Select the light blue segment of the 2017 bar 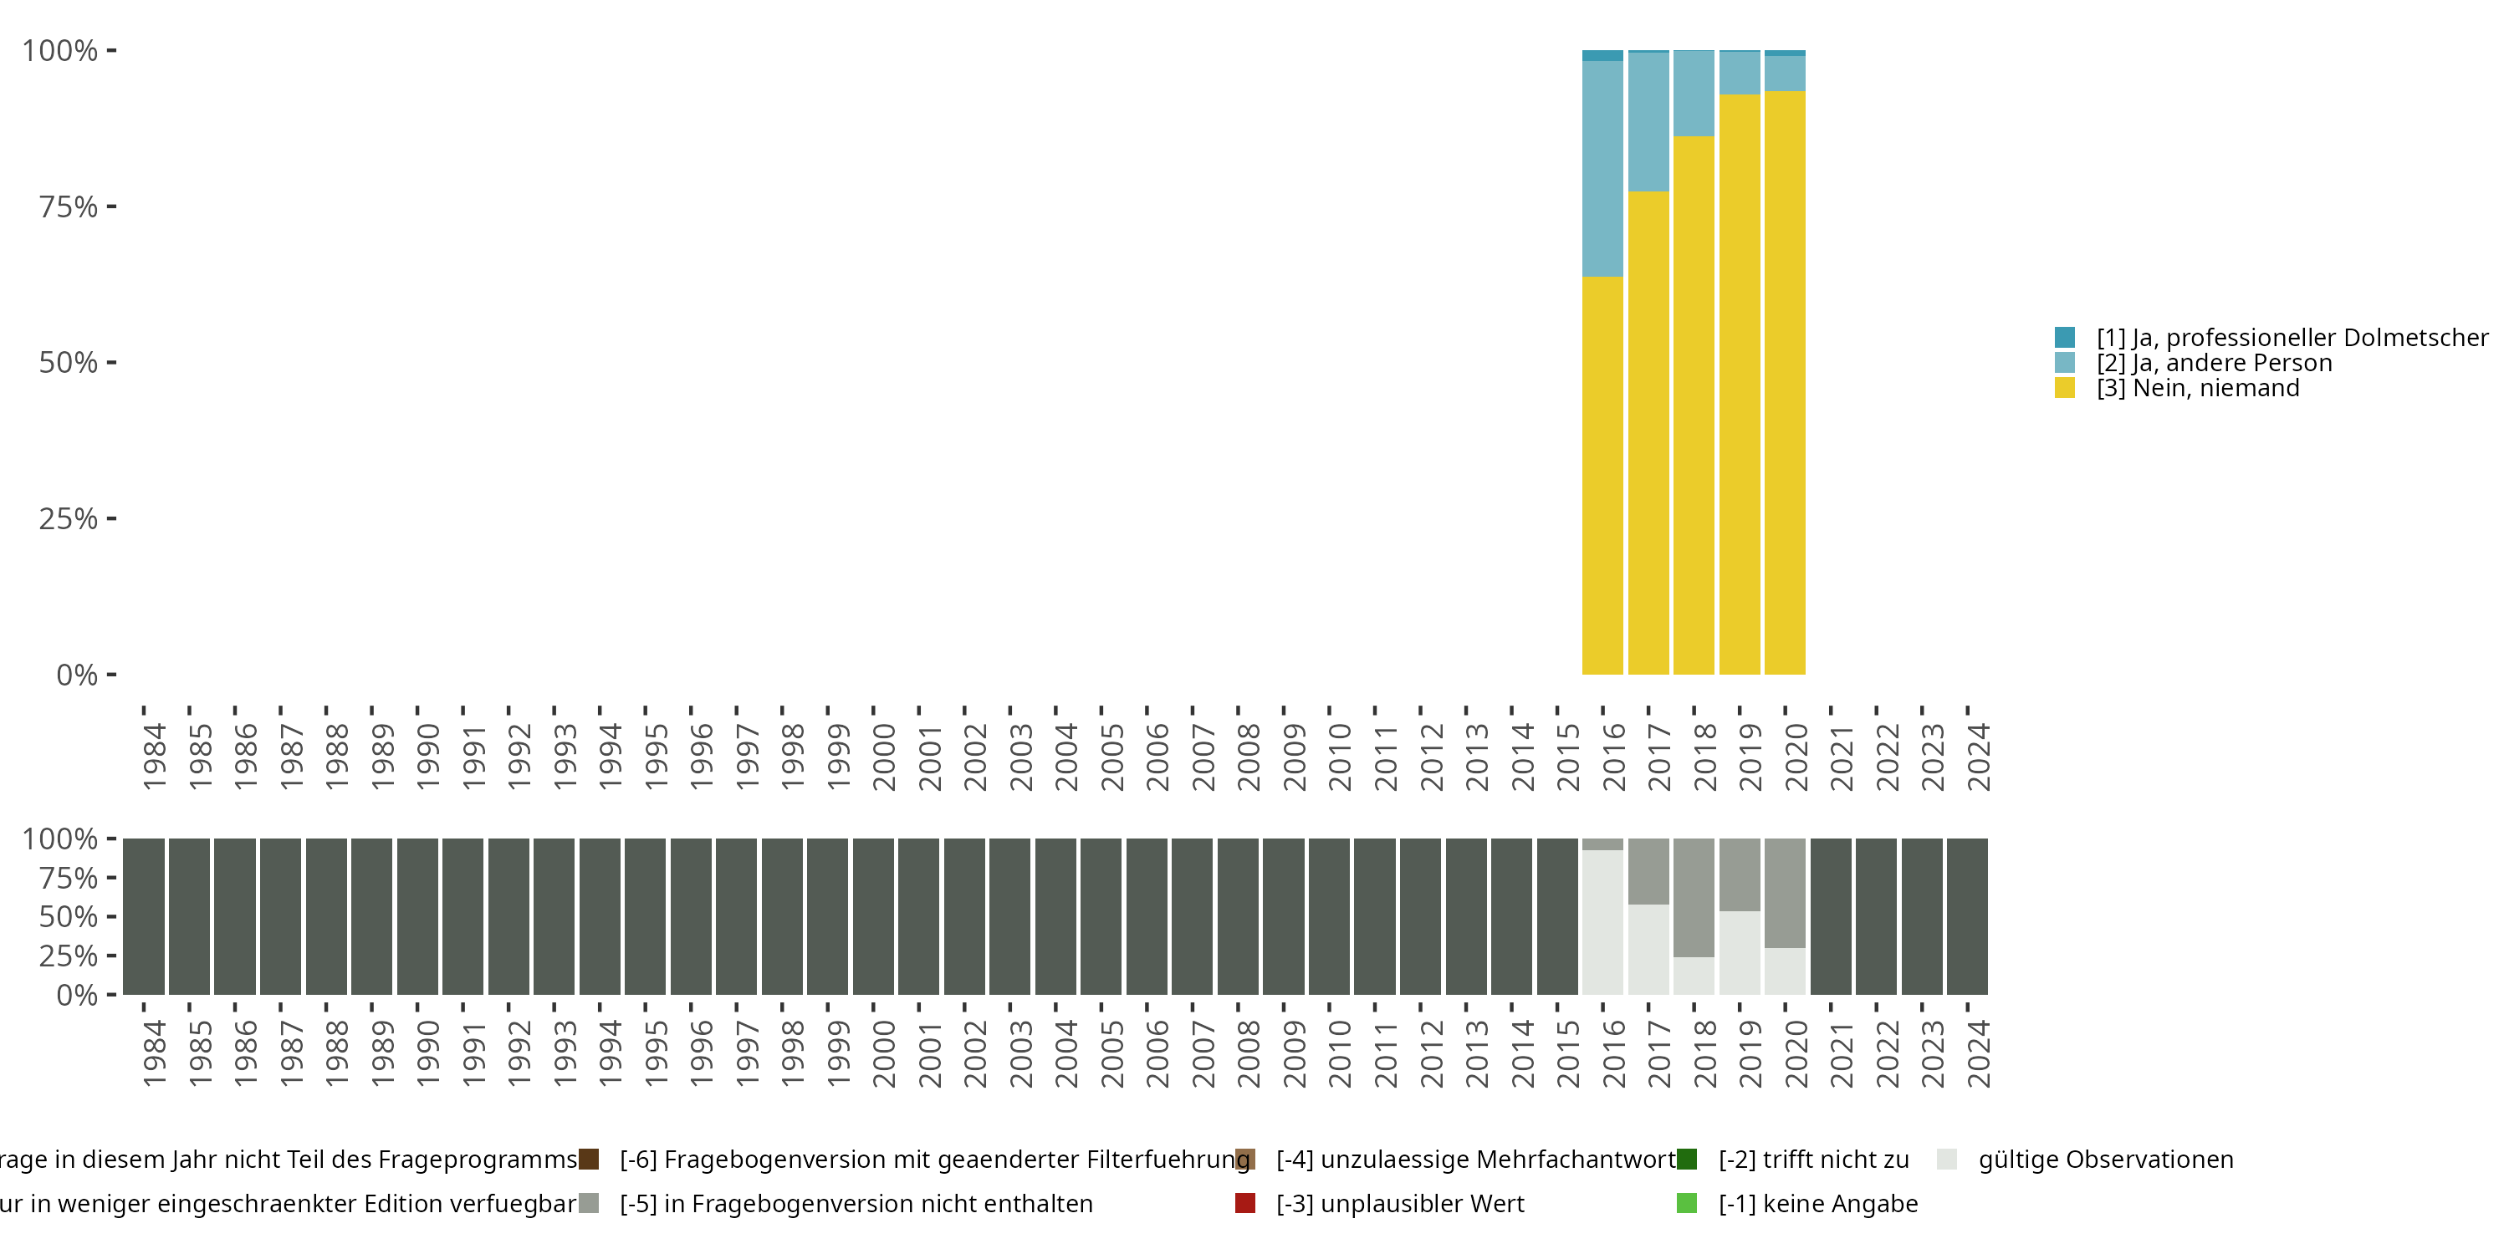click(1648, 122)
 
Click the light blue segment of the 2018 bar click(1694, 94)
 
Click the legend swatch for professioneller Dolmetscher click(2065, 338)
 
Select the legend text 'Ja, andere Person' click(2214, 363)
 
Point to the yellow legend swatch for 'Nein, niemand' click(2065, 389)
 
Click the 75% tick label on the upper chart click(69, 206)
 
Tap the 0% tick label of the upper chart click(77, 675)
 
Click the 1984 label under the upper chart click(154, 757)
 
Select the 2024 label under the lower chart click(1978, 1053)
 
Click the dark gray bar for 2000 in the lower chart click(872, 916)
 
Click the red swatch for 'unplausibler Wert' click(1244, 1203)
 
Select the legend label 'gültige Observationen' click(2106, 1160)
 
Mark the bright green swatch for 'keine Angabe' click(1687, 1203)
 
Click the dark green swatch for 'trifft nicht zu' click(1687, 1160)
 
